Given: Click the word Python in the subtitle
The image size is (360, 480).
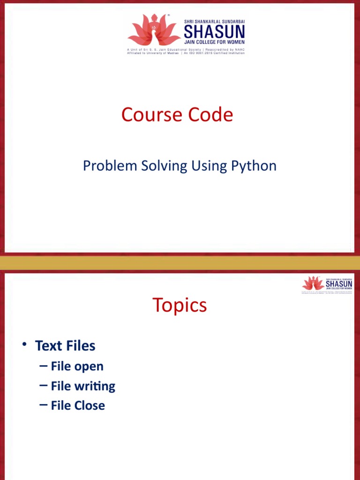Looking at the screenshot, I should point(254,165).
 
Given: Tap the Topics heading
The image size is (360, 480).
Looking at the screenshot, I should point(180,305).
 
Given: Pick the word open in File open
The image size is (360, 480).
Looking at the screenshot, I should point(89,367).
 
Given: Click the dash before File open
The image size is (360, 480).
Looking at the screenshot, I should point(44,366).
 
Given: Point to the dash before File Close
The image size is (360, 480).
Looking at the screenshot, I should point(44,405).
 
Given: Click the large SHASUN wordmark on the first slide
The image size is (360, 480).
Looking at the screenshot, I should point(214,32).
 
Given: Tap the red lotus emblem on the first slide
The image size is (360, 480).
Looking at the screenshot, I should point(154,30).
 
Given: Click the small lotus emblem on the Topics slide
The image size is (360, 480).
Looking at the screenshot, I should point(313,284).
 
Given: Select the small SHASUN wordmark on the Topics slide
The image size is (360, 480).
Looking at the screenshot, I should point(339,284).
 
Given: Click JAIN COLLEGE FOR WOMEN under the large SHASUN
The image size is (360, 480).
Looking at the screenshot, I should point(214,42).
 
